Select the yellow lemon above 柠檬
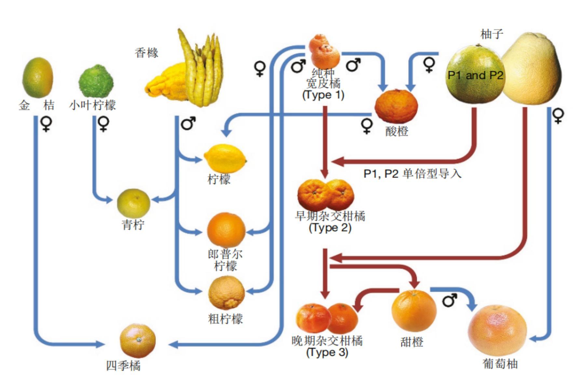point(225,159)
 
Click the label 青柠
point(133,224)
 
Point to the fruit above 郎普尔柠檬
point(226,229)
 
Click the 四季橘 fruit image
point(138,340)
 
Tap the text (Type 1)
point(323,95)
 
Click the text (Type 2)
point(330,227)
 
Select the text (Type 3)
point(327,352)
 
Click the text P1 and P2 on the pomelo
point(475,75)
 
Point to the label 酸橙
point(397,131)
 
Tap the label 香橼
point(146,53)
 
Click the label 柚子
point(492,34)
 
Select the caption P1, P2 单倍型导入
point(412,174)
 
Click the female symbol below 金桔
point(46,124)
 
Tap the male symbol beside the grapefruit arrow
point(449,300)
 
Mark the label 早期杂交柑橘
point(330,216)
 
